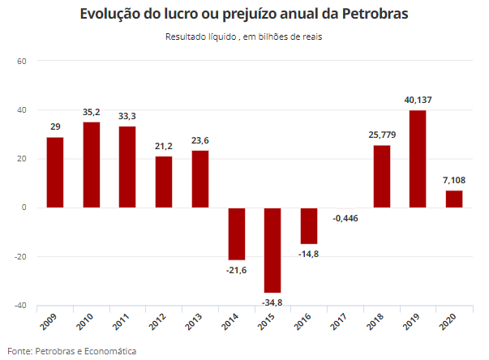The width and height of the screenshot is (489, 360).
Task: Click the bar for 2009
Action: click(x=55, y=173)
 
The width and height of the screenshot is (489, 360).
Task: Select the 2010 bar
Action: click(x=91, y=165)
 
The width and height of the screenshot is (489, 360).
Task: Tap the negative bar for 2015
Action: click(x=272, y=250)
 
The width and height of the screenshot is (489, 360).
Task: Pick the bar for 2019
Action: click(x=418, y=159)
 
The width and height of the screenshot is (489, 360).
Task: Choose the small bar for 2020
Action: click(x=454, y=199)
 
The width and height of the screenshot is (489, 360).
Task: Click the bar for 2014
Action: click(x=236, y=234)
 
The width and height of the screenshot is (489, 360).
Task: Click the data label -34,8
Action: click(x=272, y=302)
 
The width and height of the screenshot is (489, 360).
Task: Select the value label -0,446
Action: click(x=345, y=218)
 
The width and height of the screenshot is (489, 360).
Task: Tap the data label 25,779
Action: click(x=381, y=135)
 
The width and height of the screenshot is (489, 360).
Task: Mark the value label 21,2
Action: click(x=164, y=147)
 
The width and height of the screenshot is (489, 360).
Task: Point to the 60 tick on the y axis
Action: click(x=22, y=62)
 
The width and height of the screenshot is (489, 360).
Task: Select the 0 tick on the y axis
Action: click(x=24, y=208)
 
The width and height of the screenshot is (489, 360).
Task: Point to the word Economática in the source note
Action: click(x=109, y=351)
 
